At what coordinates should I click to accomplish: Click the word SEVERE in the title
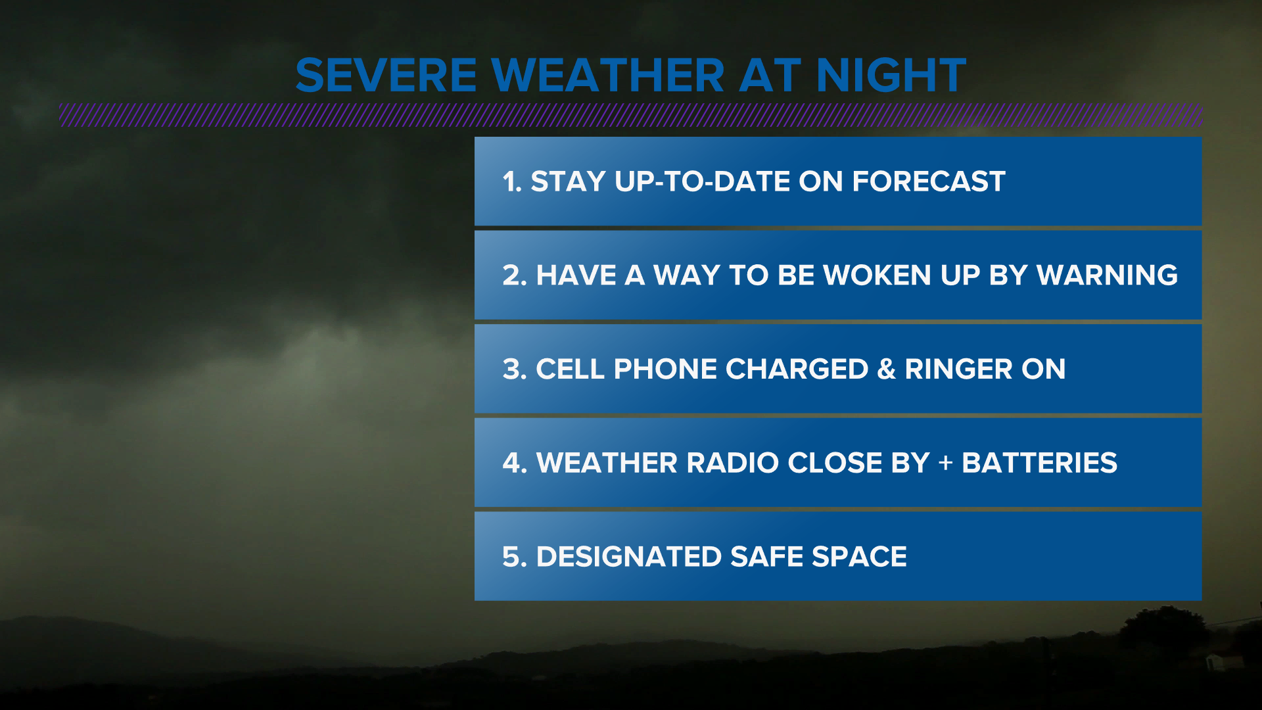click(386, 76)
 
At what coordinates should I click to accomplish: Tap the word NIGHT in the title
click(891, 76)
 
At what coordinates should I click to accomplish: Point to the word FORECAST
click(929, 182)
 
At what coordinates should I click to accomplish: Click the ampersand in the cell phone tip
click(886, 369)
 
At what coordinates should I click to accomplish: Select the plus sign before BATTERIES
click(945, 463)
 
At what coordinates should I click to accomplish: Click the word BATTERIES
click(1039, 463)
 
